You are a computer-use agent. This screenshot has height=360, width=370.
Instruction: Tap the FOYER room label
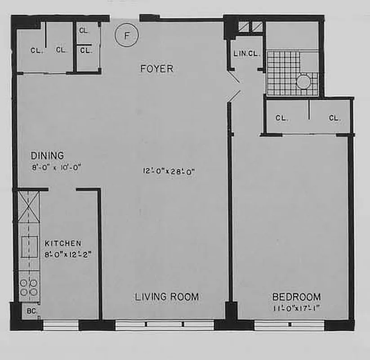click(156, 69)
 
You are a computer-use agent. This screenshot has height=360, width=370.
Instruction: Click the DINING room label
click(47, 156)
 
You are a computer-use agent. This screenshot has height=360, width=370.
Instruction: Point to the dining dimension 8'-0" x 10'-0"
click(55, 167)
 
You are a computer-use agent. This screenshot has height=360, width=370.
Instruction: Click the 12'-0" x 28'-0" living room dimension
click(169, 171)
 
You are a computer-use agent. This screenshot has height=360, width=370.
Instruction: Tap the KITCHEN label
click(63, 243)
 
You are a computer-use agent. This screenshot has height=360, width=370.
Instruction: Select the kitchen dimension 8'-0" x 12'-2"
click(68, 253)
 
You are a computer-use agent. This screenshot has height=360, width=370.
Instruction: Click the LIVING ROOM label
click(167, 297)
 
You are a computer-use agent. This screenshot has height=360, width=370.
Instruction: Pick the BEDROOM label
click(297, 297)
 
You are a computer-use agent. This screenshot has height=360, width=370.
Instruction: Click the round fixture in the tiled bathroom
click(304, 82)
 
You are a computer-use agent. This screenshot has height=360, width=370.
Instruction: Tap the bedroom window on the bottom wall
click(289, 325)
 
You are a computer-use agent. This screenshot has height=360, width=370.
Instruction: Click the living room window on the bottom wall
click(164, 325)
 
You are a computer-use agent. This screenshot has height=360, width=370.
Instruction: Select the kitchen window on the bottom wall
click(61, 325)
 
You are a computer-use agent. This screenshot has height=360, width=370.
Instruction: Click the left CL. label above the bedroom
click(281, 118)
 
